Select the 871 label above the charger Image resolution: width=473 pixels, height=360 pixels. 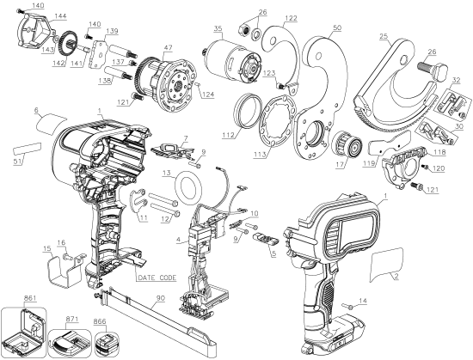click(x=74, y=318)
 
